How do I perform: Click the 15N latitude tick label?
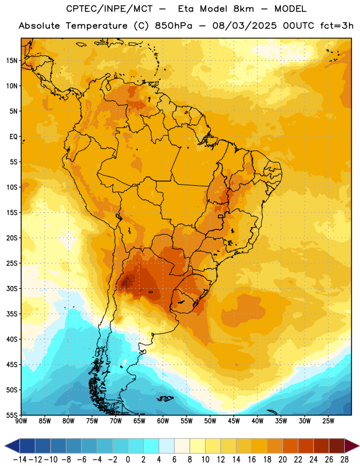(12, 61)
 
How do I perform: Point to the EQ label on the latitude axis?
(13, 137)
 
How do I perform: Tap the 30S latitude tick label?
(12, 288)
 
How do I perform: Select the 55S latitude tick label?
(12, 415)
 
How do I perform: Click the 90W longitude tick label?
(22, 421)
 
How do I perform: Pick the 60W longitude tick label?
(163, 421)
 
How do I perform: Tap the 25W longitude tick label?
(328, 421)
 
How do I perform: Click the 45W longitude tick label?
(234, 421)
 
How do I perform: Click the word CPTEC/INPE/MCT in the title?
(110, 9)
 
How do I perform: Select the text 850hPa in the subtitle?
(174, 26)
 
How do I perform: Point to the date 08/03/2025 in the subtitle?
(244, 26)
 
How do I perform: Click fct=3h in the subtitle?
(337, 26)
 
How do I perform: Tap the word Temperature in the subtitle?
(97, 26)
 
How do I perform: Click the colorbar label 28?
(344, 460)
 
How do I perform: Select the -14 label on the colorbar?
(20, 460)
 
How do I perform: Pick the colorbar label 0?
(128, 460)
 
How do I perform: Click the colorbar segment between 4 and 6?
(167, 446)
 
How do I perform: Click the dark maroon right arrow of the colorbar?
(352, 446)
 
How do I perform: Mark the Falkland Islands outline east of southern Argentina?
(165, 398)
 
